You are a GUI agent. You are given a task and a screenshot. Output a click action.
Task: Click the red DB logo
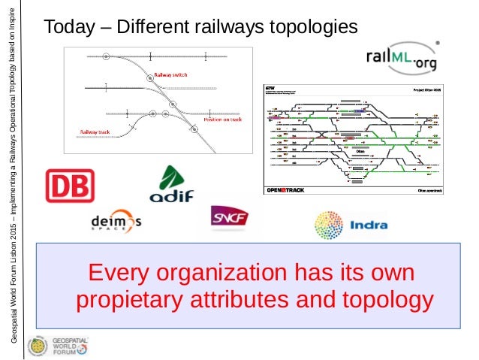pyautogui.click(x=70, y=186)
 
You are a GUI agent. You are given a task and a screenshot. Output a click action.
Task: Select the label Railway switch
pyautogui.click(x=170, y=75)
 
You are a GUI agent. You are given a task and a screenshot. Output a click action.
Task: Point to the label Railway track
pyautogui.click(x=95, y=132)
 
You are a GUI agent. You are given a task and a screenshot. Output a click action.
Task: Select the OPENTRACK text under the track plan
pyautogui.click(x=285, y=190)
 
